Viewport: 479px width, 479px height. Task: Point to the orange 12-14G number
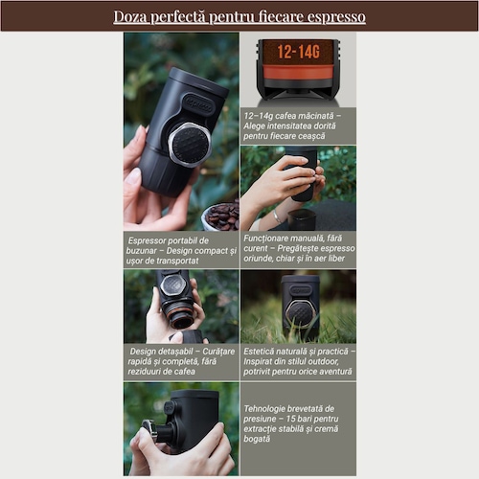pos(298,52)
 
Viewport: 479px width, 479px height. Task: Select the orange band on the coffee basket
pos(298,72)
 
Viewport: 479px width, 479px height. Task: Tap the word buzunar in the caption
pos(141,251)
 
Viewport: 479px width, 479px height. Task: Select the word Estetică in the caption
pos(259,352)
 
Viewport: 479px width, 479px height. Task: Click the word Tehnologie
pos(264,409)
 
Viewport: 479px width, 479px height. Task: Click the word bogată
pos(257,439)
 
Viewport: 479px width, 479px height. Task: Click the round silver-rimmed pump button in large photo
pos(190,146)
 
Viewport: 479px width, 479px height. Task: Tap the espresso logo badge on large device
pos(198,104)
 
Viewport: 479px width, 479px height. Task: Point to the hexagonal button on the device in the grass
pos(301,312)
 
